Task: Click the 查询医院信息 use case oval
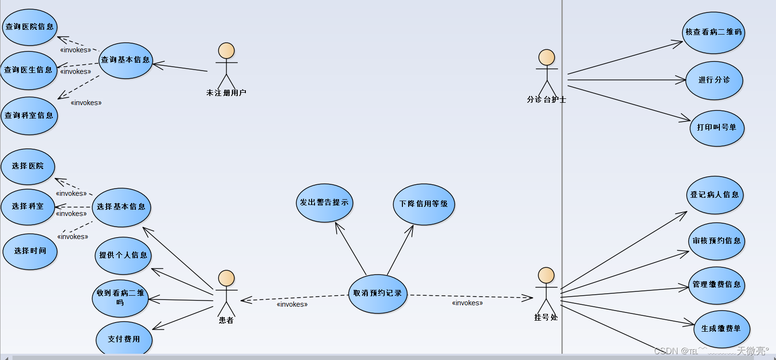[x=30, y=27]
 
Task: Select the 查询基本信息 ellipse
[x=126, y=60]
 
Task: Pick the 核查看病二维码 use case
[x=713, y=32]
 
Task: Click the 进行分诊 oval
[x=714, y=80]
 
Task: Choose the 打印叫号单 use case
[x=716, y=128]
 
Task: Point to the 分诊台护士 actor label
[x=546, y=100]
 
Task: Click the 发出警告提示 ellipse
[x=325, y=203]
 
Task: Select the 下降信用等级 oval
[x=424, y=204]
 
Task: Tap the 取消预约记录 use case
[x=377, y=293]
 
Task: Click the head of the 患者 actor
[x=226, y=278]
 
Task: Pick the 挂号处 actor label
[x=546, y=317]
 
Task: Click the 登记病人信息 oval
[x=715, y=195]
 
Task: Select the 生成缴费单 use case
[x=721, y=329]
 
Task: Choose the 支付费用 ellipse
[x=124, y=339]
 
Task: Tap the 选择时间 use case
[x=30, y=251]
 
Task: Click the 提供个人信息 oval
[x=123, y=255]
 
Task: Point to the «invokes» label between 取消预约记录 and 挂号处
[x=467, y=303]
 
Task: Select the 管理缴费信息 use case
[x=716, y=285]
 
